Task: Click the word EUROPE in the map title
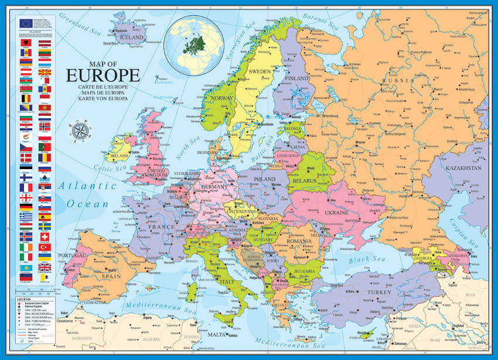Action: [x=103, y=75]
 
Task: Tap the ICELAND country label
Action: [x=131, y=36]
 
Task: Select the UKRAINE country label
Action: [x=336, y=213]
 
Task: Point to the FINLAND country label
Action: [x=297, y=78]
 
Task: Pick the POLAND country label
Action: [x=264, y=179]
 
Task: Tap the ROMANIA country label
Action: [x=299, y=241]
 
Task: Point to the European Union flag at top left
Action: [x=25, y=23]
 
